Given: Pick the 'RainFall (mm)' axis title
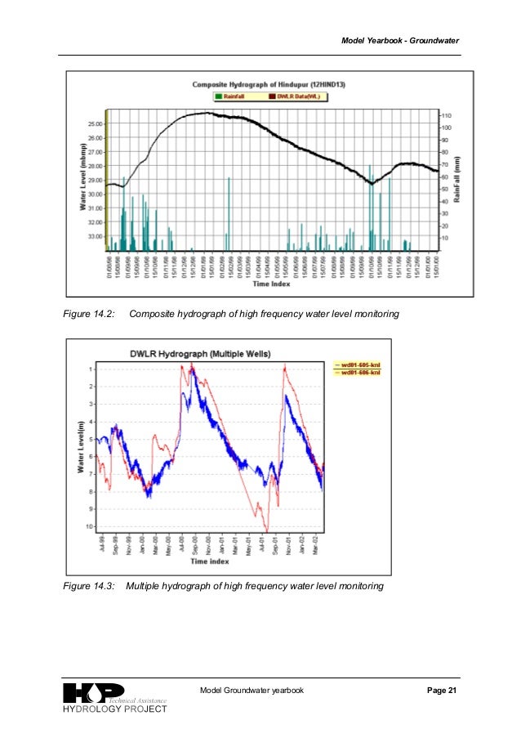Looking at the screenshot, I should pos(460,180).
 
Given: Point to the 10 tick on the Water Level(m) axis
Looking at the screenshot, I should pos(90,526).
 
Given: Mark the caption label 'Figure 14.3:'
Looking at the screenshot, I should pos(88,587).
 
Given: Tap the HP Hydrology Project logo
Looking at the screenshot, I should pos(114,698).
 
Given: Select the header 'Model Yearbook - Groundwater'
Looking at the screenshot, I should pos(399,41).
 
